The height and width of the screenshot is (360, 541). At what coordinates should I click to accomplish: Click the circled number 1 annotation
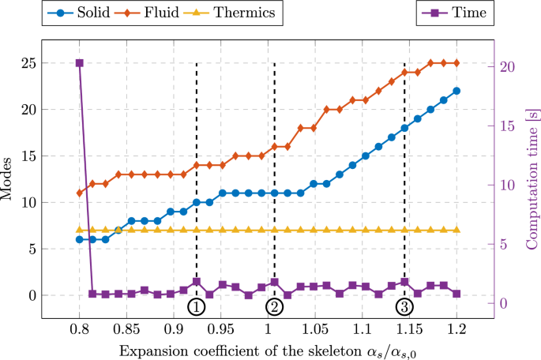pos(196,306)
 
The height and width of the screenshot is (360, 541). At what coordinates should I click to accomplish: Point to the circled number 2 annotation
pos(274,306)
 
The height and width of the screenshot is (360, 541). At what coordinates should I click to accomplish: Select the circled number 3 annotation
pos(404,306)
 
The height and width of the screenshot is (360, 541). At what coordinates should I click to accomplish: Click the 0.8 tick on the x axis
pos(79,328)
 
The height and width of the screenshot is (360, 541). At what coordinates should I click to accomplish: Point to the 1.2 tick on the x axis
pos(456,328)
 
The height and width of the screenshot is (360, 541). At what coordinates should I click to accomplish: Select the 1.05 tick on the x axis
pos(315,328)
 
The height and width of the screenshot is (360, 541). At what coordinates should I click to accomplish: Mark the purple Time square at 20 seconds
pos(79,63)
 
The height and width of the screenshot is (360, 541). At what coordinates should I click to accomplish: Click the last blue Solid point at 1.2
pos(456,91)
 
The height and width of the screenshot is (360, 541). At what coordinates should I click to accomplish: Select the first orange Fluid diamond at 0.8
pos(79,193)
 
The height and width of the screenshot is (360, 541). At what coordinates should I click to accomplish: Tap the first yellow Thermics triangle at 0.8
pos(79,230)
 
